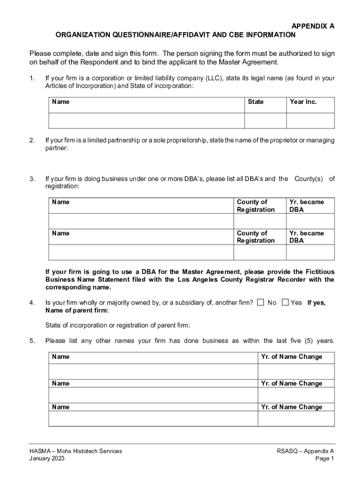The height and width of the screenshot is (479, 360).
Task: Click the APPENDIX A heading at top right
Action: pos(313,27)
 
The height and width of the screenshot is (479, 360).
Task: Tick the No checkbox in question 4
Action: pos(261,303)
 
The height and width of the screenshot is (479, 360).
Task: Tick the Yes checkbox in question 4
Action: pos(285,303)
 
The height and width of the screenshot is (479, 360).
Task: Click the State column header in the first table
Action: pos(256,102)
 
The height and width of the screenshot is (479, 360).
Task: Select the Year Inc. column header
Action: pos(303,102)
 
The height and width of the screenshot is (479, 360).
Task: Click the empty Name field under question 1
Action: pos(147,121)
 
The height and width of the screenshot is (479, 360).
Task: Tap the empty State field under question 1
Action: pos(265,121)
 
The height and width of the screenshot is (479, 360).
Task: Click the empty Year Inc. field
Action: pos(310,121)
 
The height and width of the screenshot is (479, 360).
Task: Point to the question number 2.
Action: pos(32,140)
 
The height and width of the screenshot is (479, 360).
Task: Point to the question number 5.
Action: pos(32,341)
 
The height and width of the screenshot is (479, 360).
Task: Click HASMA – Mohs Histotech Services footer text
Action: pos(75,451)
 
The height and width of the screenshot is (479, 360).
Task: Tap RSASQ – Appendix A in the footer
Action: pos(306,451)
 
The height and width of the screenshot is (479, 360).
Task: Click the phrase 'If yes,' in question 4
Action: pos(317,303)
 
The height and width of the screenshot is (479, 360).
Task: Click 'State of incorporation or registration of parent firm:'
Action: pos(118,326)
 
